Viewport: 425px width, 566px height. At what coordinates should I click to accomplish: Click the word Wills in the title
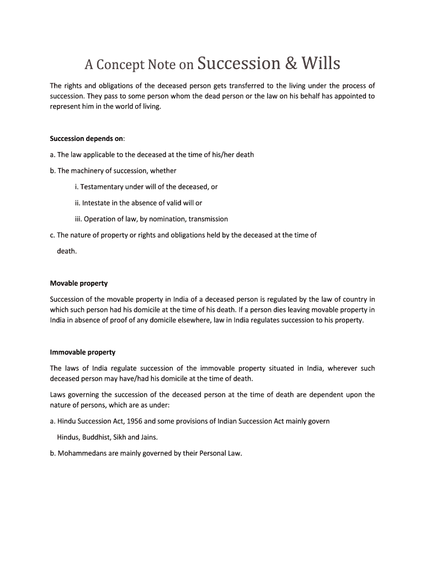[x=320, y=64]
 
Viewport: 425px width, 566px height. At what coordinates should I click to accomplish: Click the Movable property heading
[x=79, y=283]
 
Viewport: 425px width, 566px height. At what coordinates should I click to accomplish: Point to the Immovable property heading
[x=83, y=352]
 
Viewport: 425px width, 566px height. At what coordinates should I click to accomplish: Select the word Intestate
[x=98, y=203]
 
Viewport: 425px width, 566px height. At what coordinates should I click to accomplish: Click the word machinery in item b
[x=87, y=171]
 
